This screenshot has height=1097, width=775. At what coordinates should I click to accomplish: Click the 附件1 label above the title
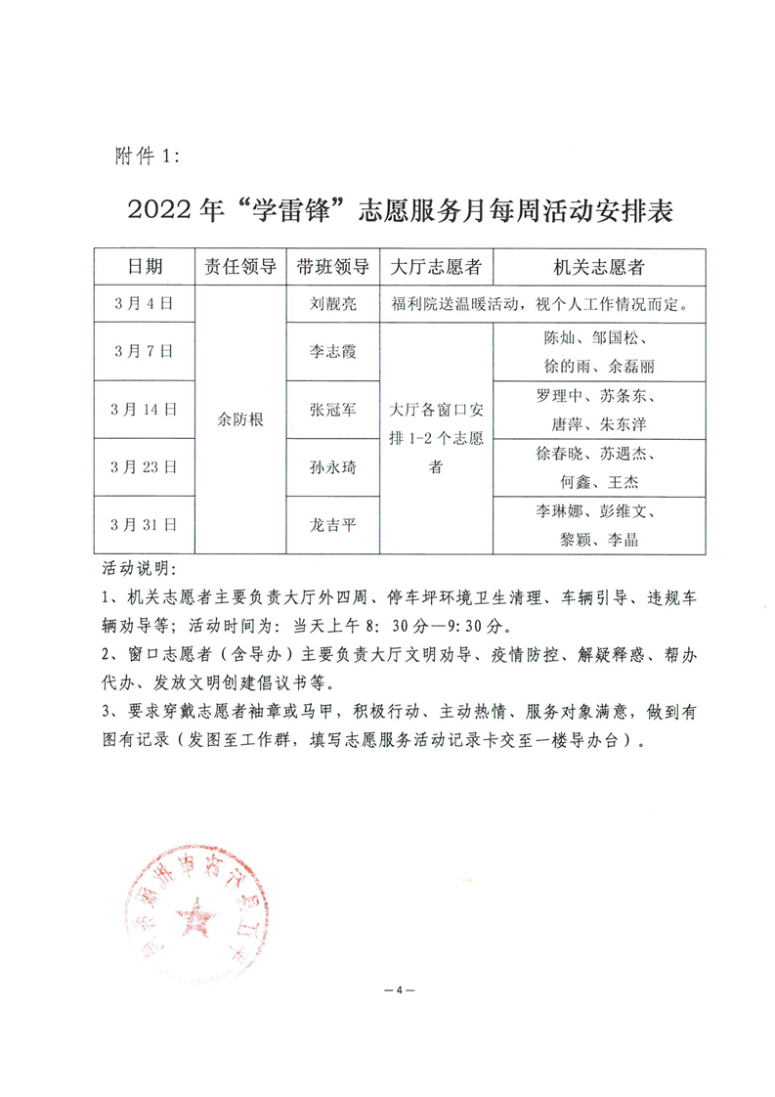pyautogui.click(x=141, y=155)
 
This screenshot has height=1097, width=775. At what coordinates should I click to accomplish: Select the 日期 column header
pyautogui.click(x=145, y=266)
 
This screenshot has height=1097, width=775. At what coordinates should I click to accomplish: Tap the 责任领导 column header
pyautogui.click(x=239, y=266)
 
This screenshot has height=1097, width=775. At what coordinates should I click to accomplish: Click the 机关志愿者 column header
pyautogui.click(x=599, y=266)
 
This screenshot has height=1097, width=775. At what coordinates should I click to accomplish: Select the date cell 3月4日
pyautogui.click(x=145, y=303)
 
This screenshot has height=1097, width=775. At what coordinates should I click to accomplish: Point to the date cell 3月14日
pyautogui.click(x=145, y=410)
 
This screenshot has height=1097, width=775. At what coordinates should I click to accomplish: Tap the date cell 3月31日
pyautogui.click(x=145, y=525)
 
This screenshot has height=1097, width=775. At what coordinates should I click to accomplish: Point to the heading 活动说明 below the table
pyautogui.click(x=136, y=568)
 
